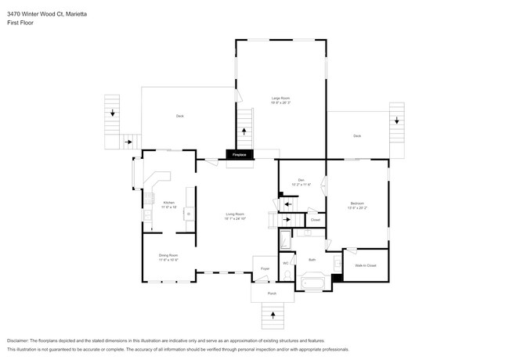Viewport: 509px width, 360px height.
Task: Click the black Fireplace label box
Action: pyautogui.click(x=238, y=155)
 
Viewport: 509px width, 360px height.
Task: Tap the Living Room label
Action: pyautogui.click(x=236, y=215)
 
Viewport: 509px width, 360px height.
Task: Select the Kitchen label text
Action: pyautogui.click(x=169, y=203)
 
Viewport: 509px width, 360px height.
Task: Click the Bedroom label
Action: pyautogui.click(x=357, y=205)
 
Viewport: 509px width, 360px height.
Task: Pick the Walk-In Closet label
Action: pyautogui.click(x=366, y=266)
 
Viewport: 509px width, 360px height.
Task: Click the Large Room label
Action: pyautogui.click(x=280, y=99)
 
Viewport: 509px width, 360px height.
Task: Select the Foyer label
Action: pyautogui.click(x=265, y=268)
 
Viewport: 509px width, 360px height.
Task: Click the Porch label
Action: pyautogui.click(x=272, y=293)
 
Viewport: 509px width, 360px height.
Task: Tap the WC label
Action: pyautogui.click(x=286, y=263)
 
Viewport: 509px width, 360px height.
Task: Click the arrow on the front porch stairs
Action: pyautogui.click(x=273, y=315)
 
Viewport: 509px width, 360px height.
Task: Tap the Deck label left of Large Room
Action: pyautogui.click(x=179, y=116)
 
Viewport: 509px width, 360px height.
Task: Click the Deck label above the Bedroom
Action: pyautogui.click(x=357, y=136)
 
